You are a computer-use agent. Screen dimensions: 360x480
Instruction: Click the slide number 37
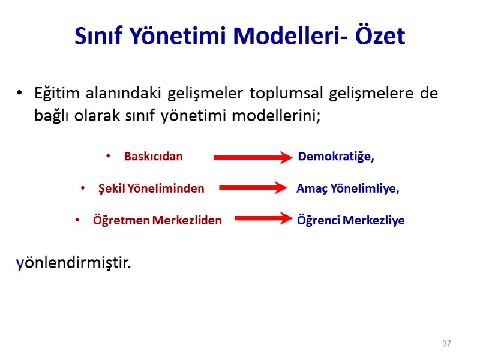[446, 344]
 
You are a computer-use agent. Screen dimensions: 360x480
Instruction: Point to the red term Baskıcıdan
[153, 157]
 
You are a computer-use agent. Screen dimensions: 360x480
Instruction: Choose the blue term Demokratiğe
[336, 157]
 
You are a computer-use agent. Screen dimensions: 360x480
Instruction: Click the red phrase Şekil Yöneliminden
[151, 188]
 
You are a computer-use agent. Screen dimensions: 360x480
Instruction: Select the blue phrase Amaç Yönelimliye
[348, 188]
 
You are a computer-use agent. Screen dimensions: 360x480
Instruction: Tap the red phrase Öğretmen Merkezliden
[157, 220]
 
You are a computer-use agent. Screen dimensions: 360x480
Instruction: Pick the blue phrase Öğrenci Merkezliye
[351, 220]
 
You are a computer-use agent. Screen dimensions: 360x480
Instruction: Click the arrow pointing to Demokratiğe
[253, 158]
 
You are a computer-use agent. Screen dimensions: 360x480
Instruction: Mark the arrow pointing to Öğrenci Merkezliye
[263, 219]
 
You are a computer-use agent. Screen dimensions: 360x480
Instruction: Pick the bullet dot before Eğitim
[20, 94]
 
